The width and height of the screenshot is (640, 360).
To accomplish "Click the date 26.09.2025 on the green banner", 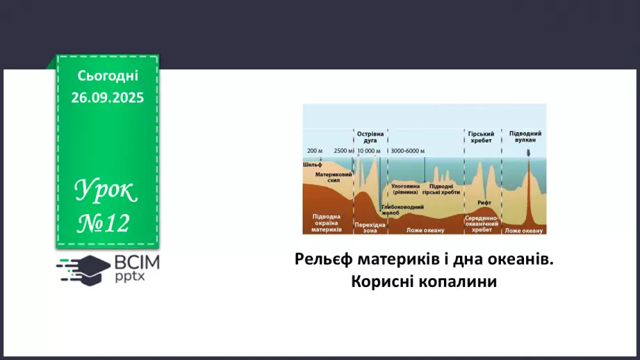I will pyautogui.click(x=107, y=98).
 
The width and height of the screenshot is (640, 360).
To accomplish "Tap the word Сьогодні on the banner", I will pyautogui.click(x=107, y=75).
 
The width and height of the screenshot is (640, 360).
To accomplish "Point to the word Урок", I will pyautogui.click(x=106, y=189).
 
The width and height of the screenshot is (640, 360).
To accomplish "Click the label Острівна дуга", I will pyautogui.click(x=370, y=136).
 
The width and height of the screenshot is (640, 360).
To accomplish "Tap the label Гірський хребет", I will pyautogui.click(x=480, y=136).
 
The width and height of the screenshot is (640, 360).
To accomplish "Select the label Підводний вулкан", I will pyautogui.click(x=526, y=136).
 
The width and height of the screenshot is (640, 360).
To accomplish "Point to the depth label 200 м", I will pyautogui.click(x=315, y=151).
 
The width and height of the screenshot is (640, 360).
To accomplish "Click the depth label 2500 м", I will pyautogui.click(x=343, y=151).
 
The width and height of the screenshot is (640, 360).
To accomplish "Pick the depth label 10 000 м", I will pyautogui.click(x=369, y=151).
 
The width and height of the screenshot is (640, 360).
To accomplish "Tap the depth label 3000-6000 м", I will pyautogui.click(x=408, y=151).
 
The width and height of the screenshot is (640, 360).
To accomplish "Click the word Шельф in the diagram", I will pyautogui.click(x=312, y=165).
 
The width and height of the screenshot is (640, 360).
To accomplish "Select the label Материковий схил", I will pyautogui.click(x=333, y=177).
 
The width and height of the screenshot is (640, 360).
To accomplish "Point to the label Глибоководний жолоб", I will pyautogui.click(x=402, y=209).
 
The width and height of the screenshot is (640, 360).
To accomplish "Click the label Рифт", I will pyautogui.click(x=484, y=202).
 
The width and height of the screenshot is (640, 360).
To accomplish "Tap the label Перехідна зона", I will pyautogui.click(x=370, y=227).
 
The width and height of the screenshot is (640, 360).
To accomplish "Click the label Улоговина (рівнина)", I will pyautogui.click(x=405, y=189).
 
